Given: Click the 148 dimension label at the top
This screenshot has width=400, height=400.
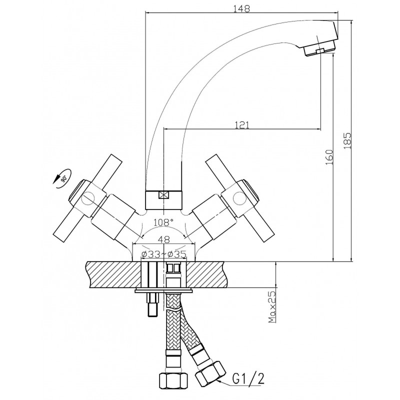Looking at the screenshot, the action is [241, 8].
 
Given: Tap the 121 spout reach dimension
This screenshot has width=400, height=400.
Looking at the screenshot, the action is [241, 124].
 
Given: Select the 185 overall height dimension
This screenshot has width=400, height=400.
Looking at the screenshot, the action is [347, 141].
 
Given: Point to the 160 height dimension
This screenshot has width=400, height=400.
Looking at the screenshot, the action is [329, 157].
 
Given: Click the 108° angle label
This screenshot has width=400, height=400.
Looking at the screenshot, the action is [163, 222].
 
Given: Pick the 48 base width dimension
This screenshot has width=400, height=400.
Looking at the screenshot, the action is [164, 239].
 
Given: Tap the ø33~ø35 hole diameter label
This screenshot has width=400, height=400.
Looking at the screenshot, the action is [164, 254].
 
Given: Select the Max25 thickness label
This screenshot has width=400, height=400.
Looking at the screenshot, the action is [272, 307].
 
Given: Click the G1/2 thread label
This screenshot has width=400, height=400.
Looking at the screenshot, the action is [248, 378].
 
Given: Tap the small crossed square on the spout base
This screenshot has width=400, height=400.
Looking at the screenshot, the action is [163, 195].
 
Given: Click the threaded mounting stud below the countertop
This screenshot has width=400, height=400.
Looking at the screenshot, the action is [152, 304].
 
